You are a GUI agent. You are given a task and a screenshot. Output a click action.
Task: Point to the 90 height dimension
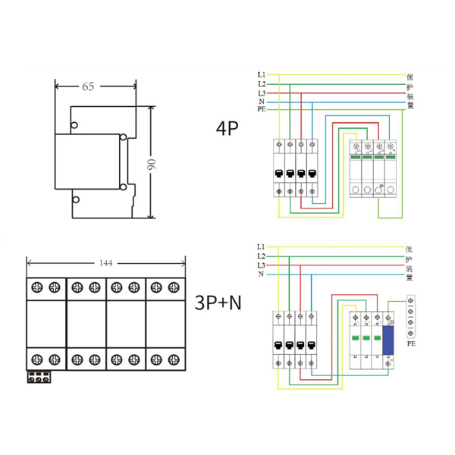coord(151,163)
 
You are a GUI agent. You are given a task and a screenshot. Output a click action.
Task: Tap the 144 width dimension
coord(105,263)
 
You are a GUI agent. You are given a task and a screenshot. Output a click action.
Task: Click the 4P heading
coord(227,127)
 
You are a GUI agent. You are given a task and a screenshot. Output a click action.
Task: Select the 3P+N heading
coord(218,303)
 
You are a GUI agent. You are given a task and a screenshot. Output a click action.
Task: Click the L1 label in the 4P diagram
coord(261,74)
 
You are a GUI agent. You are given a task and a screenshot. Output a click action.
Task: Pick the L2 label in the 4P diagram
coord(261,83)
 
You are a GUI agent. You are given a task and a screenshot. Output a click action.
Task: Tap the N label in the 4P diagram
coord(261,101)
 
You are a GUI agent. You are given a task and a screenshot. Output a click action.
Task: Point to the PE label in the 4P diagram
coord(261,110)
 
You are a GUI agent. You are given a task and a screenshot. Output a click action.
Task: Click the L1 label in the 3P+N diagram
coord(261,247)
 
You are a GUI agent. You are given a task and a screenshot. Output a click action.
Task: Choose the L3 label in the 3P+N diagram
coord(261,265)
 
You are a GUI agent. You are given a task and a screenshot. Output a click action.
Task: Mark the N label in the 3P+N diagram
coord(261,275)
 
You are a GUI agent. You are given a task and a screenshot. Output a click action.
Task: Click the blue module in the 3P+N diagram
coord(389,336)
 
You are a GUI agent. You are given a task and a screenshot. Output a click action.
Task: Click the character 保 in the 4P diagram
coord(409,77)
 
